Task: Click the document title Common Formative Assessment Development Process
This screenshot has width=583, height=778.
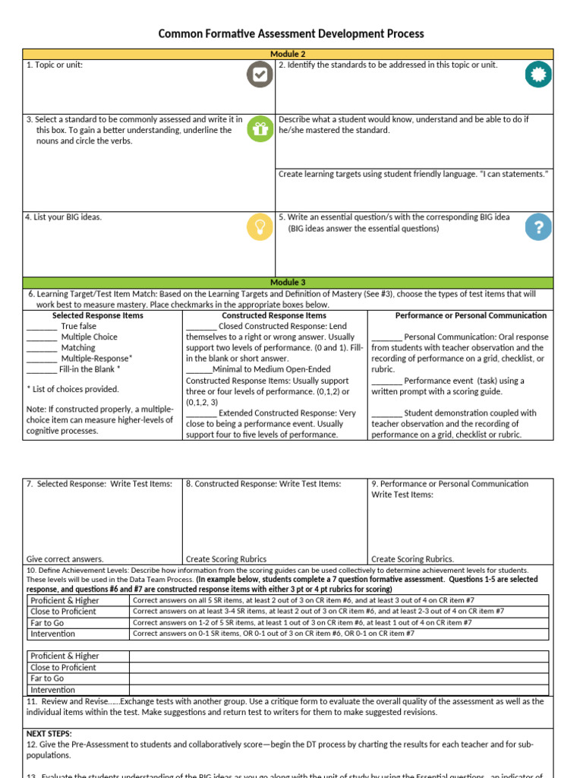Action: [x=291, y=34]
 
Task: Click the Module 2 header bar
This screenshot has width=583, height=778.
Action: [x=288, y=54]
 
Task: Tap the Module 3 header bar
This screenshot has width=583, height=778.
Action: [x=288, y=283]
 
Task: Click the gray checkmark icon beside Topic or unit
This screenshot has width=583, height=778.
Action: [x=259, y=74]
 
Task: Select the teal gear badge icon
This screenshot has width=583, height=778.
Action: [x=539, y=74]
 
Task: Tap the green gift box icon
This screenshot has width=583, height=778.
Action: [x=260, y=129]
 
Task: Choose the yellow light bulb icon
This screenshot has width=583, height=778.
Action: [x=260, y=226]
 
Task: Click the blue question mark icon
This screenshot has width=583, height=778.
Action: [x=539, y=226]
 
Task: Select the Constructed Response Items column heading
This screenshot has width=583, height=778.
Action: [x=274, y=315]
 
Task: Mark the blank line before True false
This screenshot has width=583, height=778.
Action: [x=42, y=327]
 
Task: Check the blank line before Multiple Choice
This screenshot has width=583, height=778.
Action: [x=42, y=337]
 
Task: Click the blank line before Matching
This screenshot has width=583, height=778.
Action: [x=42, y=348]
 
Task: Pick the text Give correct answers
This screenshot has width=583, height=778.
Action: [x=65, y=558]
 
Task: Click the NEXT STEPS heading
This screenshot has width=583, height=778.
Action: [x=49, y=734]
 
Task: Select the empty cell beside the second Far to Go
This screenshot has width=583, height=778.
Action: [x=339, y=678]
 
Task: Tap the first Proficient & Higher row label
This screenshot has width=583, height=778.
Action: [x=65, y=600]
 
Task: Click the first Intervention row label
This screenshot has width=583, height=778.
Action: [x=52, y=634]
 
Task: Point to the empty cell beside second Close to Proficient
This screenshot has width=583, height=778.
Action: [x=339, y=667]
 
